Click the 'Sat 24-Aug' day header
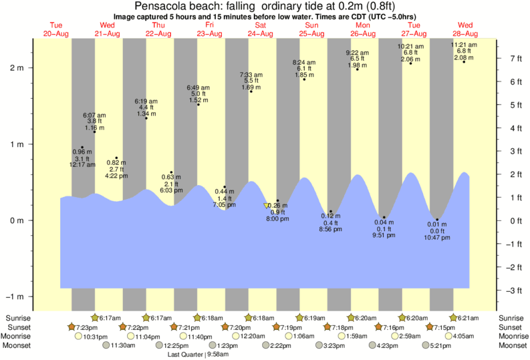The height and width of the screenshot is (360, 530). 261,29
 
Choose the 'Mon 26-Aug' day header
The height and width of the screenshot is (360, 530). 363,29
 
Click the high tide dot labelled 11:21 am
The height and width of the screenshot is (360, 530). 464,61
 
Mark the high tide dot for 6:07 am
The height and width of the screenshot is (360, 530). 95,132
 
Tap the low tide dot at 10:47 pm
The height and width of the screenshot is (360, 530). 437,220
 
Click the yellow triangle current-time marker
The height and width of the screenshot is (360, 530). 267,206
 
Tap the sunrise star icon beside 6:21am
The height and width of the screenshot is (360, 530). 454,317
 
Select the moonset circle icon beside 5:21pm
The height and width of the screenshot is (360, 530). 425,345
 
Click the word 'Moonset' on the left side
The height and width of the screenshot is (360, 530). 18,345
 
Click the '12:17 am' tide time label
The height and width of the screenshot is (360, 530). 83,164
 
